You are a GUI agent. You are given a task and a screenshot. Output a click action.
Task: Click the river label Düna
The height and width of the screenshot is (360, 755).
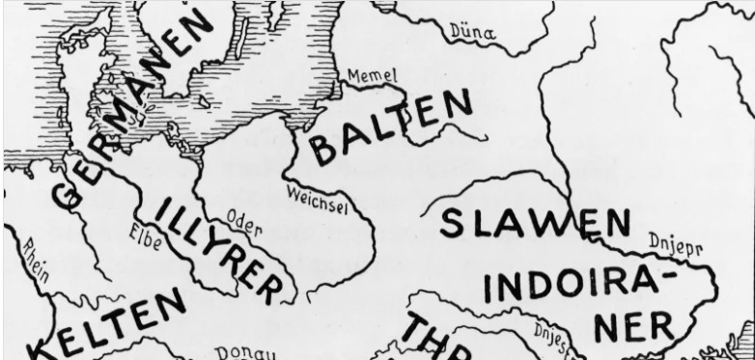pyautogui.click(x=474, y=34)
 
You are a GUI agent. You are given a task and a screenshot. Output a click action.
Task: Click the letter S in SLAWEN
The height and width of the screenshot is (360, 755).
pyautogui.click(x=455, y=223)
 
